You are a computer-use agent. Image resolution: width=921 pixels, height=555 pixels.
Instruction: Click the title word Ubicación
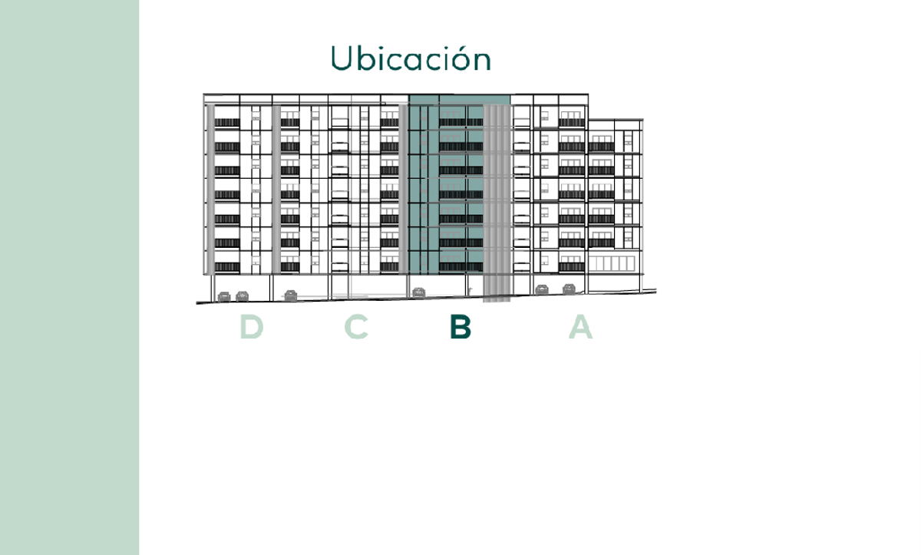(411, 58)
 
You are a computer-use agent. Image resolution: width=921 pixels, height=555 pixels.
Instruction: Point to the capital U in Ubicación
(342, 58)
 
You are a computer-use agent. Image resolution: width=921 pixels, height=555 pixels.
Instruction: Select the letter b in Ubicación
(365, 58)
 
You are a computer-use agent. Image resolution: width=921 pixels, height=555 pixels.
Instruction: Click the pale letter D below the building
(251, 326)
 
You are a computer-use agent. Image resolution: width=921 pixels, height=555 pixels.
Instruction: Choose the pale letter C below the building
(356, 326)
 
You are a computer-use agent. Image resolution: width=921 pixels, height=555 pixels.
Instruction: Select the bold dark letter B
(460, 326)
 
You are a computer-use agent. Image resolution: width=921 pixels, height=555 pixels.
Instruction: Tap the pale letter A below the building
(580, 326)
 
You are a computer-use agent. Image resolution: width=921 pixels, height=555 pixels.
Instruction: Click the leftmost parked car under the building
(224, 296)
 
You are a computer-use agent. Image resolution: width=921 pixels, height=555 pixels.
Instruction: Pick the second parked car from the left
(243, 296)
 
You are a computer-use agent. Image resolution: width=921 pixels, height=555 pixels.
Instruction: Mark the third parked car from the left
(291, 296)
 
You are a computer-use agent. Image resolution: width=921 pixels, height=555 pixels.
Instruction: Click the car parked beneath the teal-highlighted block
(418, 292)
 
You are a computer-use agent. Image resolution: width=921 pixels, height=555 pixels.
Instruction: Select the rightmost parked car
(569, 289)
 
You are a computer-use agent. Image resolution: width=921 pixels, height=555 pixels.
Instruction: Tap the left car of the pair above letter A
(542, 289)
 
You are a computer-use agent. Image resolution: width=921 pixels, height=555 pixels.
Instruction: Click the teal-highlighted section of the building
(446, 184)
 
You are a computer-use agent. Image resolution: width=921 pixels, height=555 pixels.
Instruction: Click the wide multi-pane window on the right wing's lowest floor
(612, 263)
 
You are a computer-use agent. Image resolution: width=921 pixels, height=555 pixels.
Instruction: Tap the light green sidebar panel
(70, 278)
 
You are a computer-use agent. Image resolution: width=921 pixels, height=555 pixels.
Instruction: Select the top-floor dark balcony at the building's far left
(227, 123)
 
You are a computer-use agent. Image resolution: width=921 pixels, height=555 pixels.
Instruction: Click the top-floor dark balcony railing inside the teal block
(461, 122)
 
